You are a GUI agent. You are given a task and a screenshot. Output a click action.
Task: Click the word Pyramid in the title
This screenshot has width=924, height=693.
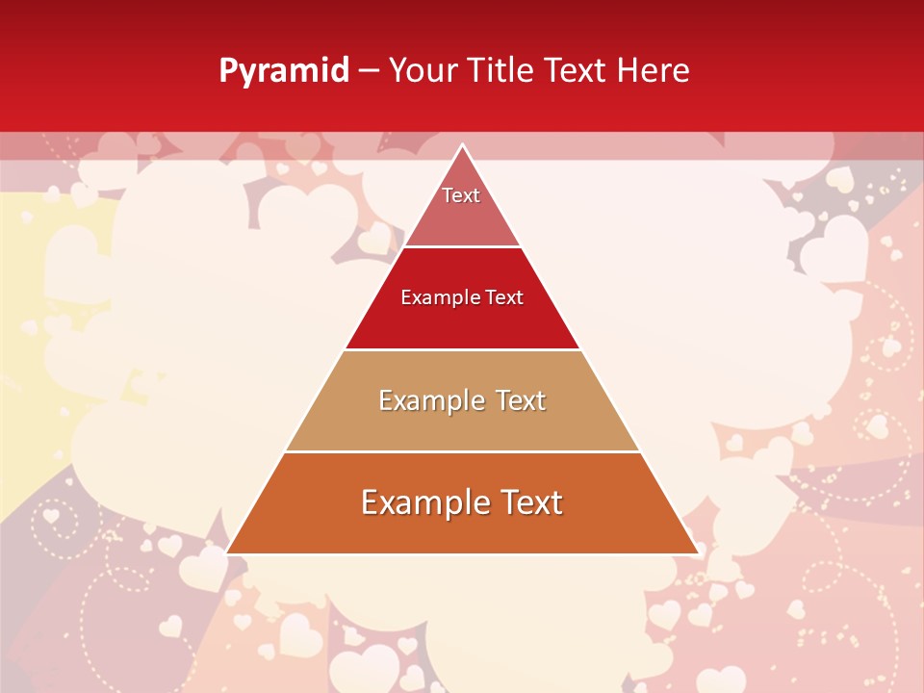[x=284, y=71]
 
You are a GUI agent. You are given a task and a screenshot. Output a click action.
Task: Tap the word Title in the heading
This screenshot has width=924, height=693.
[x=500, y=70]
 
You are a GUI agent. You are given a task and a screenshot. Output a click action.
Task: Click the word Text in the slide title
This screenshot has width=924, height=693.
[x=577, y=70]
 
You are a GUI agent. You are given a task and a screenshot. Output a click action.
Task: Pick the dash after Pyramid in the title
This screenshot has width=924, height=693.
[x=369, y=71]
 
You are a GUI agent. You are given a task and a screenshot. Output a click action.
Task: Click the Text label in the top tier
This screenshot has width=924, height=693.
[x=461, y=195]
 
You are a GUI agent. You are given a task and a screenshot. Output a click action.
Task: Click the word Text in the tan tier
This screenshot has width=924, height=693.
[x=521, y=400]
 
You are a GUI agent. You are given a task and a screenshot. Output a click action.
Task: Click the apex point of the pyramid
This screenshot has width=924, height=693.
[x=463, y=145]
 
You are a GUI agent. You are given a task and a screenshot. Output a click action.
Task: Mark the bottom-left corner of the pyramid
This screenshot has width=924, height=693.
[x=227, y=553]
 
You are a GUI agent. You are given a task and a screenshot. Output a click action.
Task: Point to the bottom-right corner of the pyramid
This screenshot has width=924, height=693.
[x=698, y=553]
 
